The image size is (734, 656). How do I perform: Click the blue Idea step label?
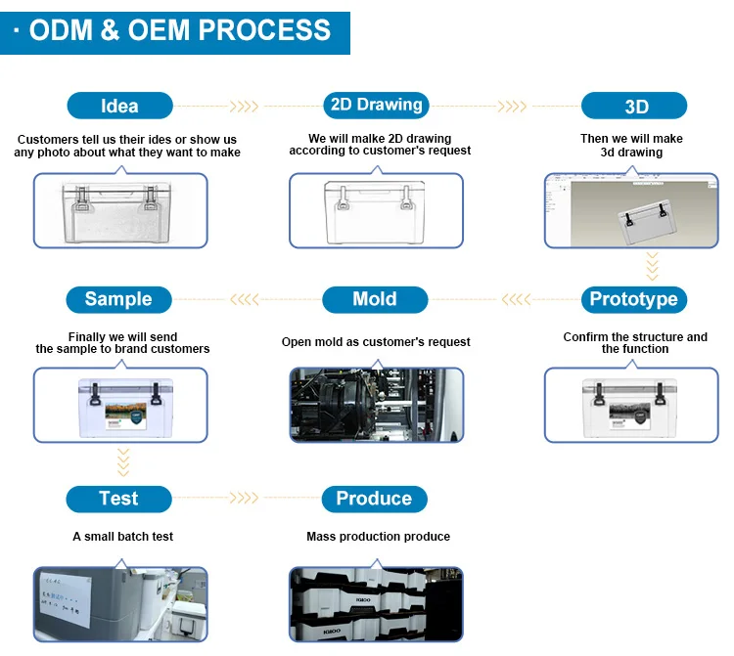pos(119,106)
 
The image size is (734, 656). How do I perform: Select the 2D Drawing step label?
pos(376,105)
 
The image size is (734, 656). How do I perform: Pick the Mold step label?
pos(375,299)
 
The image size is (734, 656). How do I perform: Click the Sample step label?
pos(118,299)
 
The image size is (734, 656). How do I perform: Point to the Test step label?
pos(118,499)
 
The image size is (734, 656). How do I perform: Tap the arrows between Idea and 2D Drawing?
pos(244,106)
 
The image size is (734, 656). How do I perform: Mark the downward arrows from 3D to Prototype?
pos(651,265)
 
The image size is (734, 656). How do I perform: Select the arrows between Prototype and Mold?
pos(516,299)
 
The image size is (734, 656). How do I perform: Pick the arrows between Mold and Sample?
pos(244,299)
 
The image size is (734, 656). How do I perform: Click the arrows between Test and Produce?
pos(244,499)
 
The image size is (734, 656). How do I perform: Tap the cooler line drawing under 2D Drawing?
pos(375,209)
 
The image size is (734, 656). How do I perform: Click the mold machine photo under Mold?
pos(375,404)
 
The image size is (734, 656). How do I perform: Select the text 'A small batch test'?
pos(123,537)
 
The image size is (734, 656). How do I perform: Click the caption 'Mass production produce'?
pos(378,537)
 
